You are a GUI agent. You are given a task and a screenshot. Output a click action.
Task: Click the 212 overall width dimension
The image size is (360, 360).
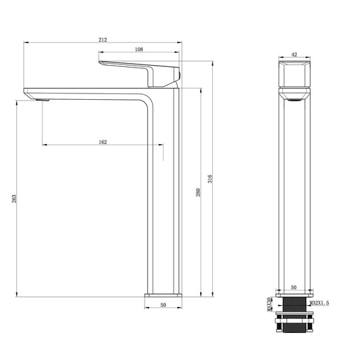point(103,40)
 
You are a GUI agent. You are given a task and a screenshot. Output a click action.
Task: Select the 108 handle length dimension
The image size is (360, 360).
point(139,49)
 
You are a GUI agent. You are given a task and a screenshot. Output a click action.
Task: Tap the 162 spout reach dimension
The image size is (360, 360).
point(103,142)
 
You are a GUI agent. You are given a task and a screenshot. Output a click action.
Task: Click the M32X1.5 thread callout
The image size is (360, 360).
point(320,304)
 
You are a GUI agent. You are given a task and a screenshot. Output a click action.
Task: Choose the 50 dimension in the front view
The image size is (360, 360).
point(293,288)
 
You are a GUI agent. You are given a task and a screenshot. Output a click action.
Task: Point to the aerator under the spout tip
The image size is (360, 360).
point(42,100)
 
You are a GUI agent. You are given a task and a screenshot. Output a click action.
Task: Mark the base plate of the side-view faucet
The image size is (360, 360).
point(163,295)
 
